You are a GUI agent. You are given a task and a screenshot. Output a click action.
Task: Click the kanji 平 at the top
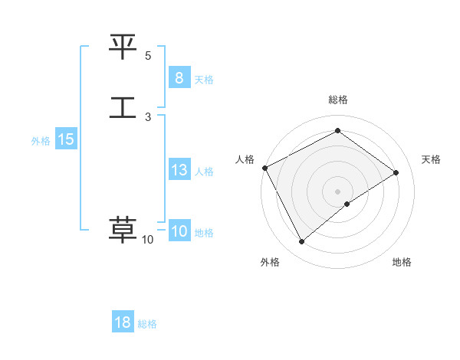pyautogui.click(x=123, y=47)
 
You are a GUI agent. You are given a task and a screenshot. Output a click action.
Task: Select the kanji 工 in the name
pyautogui.click(x=123, y=106)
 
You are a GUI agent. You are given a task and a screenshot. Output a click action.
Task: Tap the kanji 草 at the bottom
pyautogui.click(x=123, y=230)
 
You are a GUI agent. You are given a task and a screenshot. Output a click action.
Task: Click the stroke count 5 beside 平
pyautogui.click(x=148, y=56)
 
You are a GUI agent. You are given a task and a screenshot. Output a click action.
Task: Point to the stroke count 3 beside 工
pyautogui.click(x=148, y=116)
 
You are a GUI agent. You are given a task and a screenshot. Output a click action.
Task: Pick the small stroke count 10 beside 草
pyautogui.click(x=147, y=240)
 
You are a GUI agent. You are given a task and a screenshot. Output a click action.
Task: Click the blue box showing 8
pyautogui.click(x=179, y=77)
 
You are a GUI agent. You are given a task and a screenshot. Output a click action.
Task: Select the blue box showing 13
pyautogui.click(x=179, y=170)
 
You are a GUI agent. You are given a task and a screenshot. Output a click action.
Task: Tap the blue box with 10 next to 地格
pyautogui.click(x=179, y=231)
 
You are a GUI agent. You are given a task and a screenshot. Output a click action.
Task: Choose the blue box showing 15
pyautogui.click(x=65, y=139)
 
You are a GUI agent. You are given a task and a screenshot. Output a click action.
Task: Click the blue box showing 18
pyautogui.click(x=123, y=322)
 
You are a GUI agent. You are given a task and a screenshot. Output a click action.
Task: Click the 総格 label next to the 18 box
pyautogui.click(x=147, y=324)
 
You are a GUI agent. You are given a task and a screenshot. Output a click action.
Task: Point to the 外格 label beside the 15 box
pyautogui.click(x=41, y=141)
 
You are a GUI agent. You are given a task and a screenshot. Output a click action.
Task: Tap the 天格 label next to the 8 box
pyautogui.click(x=204, y=79)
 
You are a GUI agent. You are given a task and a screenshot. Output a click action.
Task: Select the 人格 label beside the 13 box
pyautogui.click(x=204, y=172)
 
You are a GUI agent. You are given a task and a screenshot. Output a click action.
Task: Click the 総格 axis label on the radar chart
pyautogui.click(x=337, y=100)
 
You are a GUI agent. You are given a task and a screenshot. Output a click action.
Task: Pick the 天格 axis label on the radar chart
pyautogui.click(x=431, y=159)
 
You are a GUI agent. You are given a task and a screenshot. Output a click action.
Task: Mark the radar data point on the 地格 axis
pyautogui.click(x=347, y=204)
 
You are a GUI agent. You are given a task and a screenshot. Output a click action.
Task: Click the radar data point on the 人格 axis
pyautogui.click(x=264, y=168)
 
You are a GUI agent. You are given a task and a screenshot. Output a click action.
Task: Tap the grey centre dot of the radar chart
pyautogui.click(x=337, y=191)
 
